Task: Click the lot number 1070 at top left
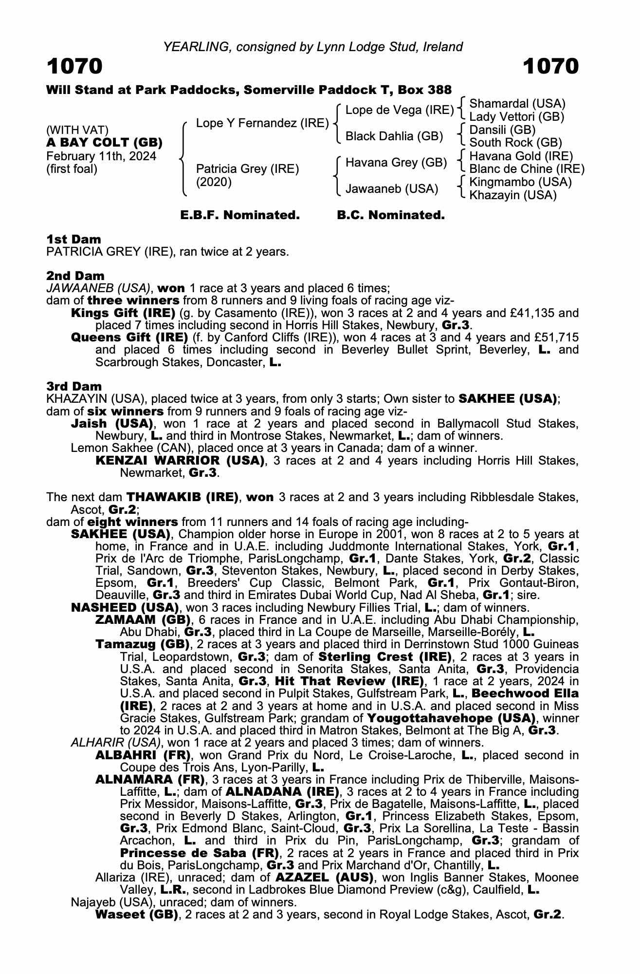tap(74, 67)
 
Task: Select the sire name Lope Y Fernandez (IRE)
tap(262, 123)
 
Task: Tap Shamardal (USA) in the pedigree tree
tap(517, 104)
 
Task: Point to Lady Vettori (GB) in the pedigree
tap(516, 117)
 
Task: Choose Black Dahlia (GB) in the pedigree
tap(394, 136)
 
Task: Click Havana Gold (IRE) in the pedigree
tap(521, 156)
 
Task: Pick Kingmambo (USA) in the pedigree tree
tap(520, 182)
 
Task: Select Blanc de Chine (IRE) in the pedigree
tap(527, 169)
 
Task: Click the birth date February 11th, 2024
tap(101, 156)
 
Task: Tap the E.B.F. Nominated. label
tap(239, 215)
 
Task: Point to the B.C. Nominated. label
tap(391, 215)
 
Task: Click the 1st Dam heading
tap(74, 239)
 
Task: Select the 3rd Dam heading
tap(74, 386)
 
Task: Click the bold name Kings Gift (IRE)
tap(123, 313)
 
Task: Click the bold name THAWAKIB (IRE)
tap(183, 497)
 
